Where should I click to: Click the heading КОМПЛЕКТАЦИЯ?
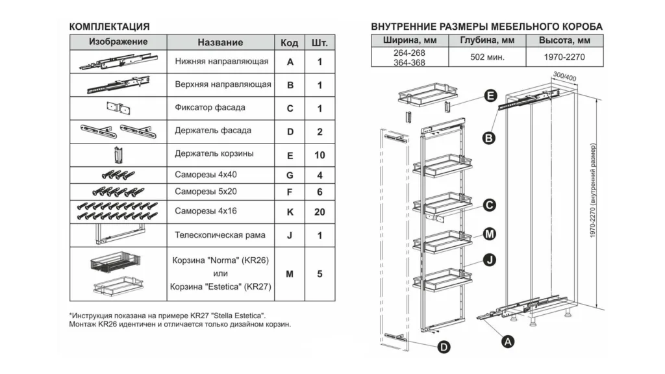109,27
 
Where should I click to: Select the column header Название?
220,42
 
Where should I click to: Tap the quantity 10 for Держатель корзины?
320,156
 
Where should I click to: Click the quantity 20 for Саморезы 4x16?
320,212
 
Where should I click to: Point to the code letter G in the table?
290,175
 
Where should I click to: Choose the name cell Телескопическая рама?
220,234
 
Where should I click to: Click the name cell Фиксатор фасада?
210,108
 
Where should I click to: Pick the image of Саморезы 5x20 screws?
118,192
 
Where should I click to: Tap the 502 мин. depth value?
487,58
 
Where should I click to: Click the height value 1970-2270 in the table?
564,58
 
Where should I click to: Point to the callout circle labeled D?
443,347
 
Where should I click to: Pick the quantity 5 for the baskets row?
320,274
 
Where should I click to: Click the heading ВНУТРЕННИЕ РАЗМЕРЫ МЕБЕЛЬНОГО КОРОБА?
486,27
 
